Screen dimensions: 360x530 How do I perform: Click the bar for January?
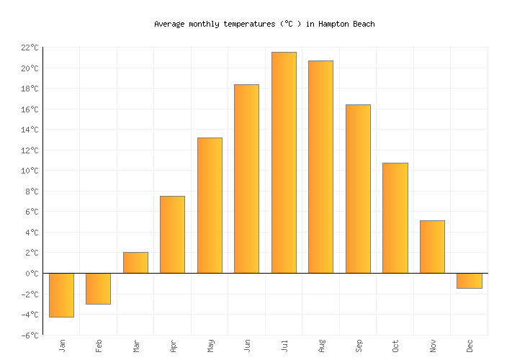[61, 295]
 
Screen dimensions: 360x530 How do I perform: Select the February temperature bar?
[98, 289]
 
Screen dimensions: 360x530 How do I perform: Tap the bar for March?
[135, 263]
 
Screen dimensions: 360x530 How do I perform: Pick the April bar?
[172, 235]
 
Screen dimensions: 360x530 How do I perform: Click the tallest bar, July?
[284, 163]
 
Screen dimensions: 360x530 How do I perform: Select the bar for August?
[320, 167]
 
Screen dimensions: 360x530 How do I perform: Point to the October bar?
[395, 218]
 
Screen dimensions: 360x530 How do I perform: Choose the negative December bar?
[469, 281]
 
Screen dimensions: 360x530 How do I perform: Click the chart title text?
[264, 24]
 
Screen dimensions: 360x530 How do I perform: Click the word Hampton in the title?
[334, 24]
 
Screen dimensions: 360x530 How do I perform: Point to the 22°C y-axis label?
[30, 48]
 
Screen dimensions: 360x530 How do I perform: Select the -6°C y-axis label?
[30, 336]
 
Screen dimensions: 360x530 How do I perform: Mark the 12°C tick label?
[30, 150]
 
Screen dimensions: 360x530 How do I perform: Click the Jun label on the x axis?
[247, 346]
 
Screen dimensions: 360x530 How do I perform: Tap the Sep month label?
[359, 346]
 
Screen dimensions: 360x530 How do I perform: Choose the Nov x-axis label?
[433, 346]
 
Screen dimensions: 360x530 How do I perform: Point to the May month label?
[210, 346]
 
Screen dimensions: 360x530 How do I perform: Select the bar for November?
[432, 247]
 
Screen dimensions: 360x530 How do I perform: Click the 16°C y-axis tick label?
[30, 109]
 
